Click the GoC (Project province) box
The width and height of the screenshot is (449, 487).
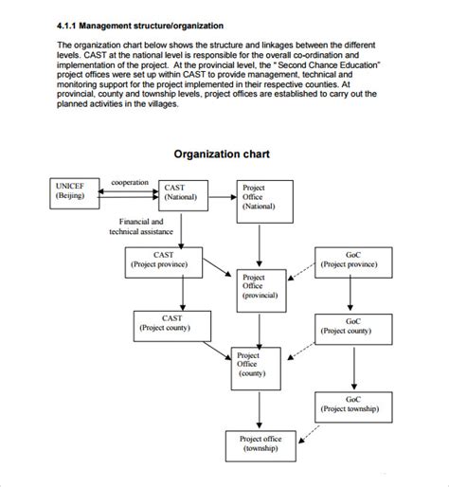351,261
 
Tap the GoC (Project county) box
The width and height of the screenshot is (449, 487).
351,326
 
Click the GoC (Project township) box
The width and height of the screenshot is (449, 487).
351,405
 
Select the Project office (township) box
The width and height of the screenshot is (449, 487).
260,444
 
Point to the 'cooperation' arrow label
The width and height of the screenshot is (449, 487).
130,180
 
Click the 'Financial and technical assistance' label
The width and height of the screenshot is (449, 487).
142,225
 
